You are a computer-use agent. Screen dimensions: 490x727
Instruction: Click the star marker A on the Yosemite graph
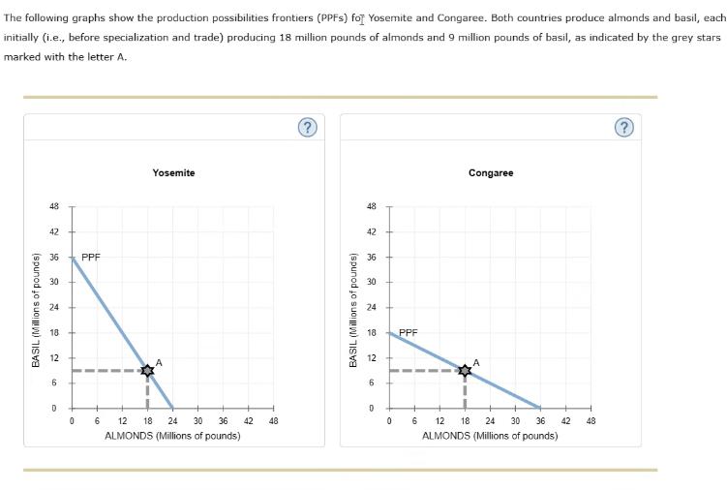click(x=147, y=370)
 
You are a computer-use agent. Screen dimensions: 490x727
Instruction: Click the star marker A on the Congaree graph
click(x=465, y=370)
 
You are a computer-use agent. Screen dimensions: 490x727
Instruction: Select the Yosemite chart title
click(x=173, y=172)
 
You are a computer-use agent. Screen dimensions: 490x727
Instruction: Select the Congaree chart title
click(x=491, y=172)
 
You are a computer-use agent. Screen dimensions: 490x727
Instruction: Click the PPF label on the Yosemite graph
click(x=91, y=258)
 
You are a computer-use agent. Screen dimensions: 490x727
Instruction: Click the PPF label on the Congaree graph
click(x=409, y=332)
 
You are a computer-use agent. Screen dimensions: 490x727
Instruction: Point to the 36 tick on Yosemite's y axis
click(x=53, y=257)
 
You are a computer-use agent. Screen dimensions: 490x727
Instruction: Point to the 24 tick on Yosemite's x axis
click(x=172, y=421)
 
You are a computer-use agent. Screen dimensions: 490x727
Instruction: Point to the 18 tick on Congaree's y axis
click(x=371, y=332)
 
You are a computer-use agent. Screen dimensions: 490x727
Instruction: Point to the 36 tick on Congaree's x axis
click(x=540, y=421)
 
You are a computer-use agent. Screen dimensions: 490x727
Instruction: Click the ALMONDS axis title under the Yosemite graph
click(x=172, y=436)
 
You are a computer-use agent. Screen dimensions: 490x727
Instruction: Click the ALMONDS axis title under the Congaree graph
click(x=490, y=436)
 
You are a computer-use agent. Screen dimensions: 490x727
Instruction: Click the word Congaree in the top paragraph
click(x=443, y=17)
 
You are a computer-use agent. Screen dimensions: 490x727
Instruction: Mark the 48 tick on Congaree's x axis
click(x=591, y=421)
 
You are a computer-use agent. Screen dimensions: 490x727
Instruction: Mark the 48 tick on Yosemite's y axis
click(x=53, y=206)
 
